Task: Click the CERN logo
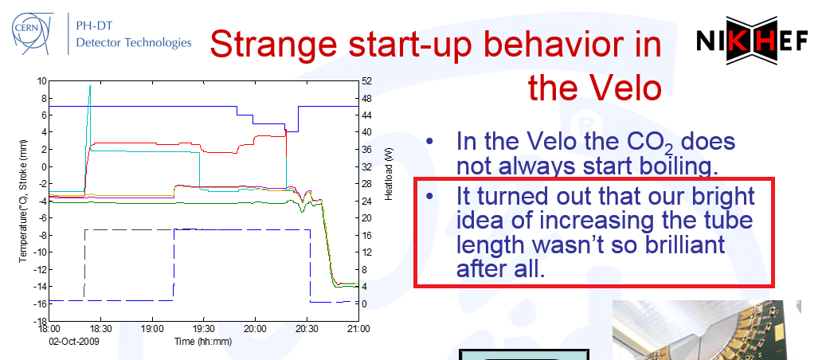[x=32, y=33]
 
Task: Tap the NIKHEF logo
[x=752, y=41]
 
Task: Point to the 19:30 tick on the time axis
[x=204, y=329]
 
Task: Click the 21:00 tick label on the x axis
[x=358, y=329]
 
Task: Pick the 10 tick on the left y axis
[x=41, y=80]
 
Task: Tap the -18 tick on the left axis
[x=40, y=321]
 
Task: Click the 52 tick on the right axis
[x=366, y=80]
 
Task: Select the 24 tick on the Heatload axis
[x=366, y=201]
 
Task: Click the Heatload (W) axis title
[x=390, y=174]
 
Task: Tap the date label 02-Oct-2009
[x=74, y=341]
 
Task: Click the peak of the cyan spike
[x=90, y=85]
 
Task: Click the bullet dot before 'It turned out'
[x=430, y=196]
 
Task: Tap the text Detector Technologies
[x=134, y=42]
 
